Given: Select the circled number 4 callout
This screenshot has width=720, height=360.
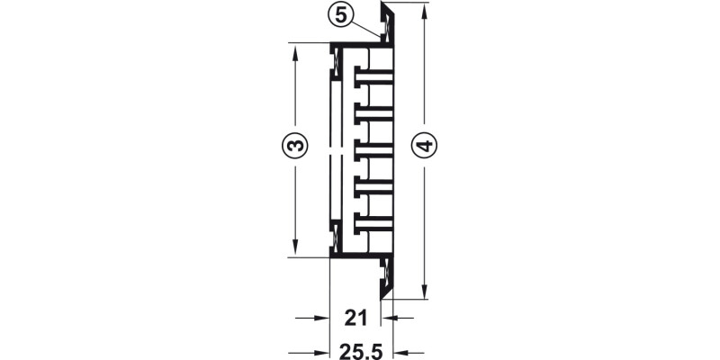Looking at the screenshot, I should point(423,144).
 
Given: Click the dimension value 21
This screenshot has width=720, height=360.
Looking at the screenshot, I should point(357,317).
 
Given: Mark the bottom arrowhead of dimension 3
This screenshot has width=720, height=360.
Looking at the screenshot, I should point(294,251).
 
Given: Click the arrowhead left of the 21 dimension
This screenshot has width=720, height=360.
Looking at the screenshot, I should point(322,317).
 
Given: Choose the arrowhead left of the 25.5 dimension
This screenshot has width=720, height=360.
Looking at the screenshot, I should point(322,351).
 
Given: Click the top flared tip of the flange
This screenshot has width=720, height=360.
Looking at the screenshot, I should point(385,7).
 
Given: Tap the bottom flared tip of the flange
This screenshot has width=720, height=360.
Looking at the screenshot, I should point(385,293).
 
